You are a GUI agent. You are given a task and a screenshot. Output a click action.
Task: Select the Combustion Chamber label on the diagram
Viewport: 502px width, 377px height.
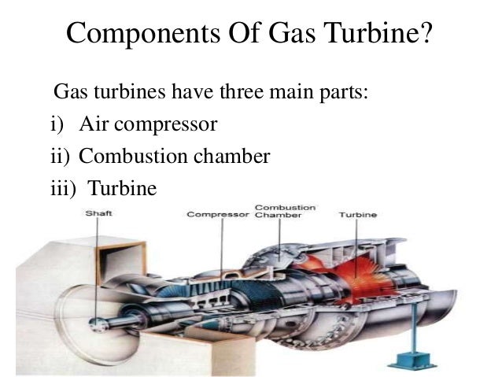[285, 210]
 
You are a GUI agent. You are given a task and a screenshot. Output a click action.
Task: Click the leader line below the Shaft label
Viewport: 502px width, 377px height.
[98, 260]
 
